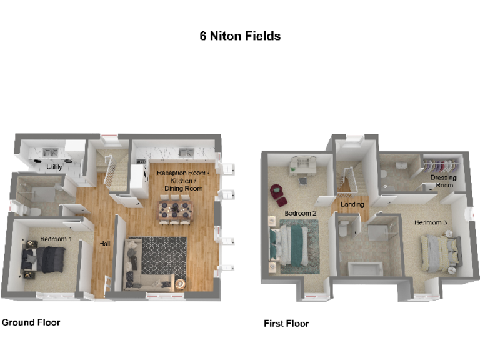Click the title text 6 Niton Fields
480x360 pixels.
click(x=240, y=36)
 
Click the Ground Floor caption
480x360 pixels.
click(x=31, y=322)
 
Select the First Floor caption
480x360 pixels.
click(x=286, y=323)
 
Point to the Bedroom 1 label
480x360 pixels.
click(x=56, y=239)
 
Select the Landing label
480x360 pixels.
click(x=352, y=204)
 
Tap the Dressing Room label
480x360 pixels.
click(x=443, y=181)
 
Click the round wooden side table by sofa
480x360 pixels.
click(x=179, y=284)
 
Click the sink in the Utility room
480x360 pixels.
click(x=51, y=152)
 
